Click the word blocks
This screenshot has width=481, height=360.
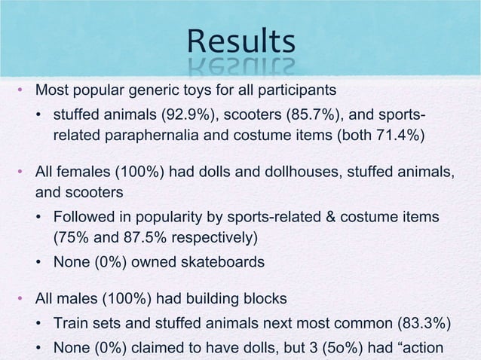264,298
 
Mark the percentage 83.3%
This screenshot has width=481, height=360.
423,325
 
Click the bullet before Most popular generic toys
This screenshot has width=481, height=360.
23,92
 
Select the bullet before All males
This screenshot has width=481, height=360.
23,299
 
